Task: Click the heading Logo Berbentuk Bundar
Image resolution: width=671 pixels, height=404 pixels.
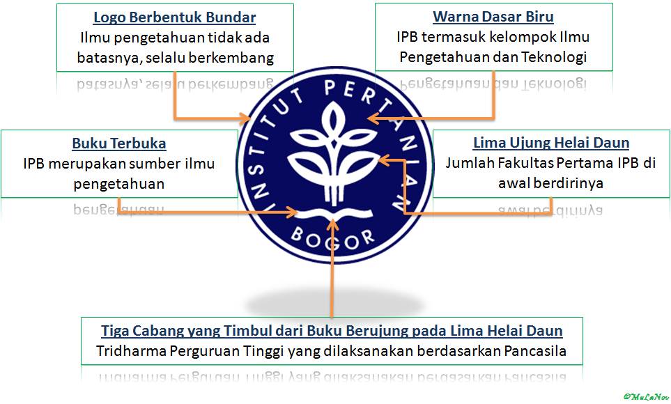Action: click(174, 17)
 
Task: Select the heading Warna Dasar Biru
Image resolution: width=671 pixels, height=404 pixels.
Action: click(493, 16)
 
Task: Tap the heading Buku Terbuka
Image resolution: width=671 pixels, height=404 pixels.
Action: click(119, 143)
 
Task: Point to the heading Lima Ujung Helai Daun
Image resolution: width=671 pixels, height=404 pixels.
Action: click(550, 143)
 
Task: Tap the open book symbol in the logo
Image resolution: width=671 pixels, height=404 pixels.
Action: click(333, 212)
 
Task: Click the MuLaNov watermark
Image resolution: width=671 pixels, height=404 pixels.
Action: click(645, 396)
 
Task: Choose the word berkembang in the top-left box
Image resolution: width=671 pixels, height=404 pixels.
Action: click(234, 57)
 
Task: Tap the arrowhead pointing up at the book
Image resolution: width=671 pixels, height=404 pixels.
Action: click(334, 224)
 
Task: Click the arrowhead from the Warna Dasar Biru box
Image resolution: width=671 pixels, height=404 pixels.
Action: click(373, 119)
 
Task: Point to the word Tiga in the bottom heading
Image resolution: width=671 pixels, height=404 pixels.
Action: click(115, 330)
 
